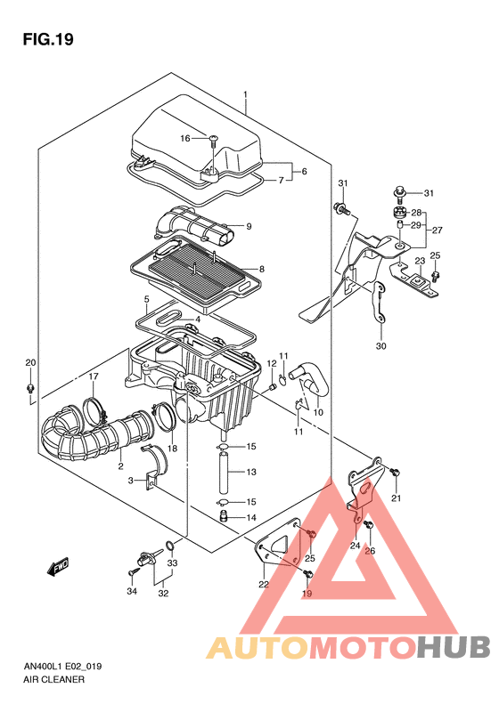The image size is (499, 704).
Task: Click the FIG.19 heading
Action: point(48,39)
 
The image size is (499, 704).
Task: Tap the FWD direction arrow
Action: point(58,567)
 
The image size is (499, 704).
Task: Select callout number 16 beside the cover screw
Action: point(185,138)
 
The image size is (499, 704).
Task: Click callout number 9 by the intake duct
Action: point(249,226)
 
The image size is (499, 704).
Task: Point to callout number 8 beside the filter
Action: point(262,270)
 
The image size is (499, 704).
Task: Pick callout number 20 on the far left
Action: point(30,362)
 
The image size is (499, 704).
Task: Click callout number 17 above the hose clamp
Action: point(93,376)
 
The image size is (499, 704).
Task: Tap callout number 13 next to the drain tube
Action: point(251,472)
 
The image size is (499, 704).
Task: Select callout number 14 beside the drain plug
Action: point(251,518)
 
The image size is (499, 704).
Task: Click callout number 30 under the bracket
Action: point(381,345)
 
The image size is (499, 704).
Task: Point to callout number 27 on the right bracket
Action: point(437,230)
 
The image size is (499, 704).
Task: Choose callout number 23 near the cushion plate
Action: point(420,261)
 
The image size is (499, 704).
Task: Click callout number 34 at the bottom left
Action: point(132,591)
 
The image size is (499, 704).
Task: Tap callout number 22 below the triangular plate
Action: point(264,584)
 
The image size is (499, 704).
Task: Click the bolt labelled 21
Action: point(395,473)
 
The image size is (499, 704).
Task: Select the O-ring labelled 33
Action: point(170,546)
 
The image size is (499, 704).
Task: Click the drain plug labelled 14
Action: point(224,515)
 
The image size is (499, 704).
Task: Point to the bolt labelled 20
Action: point(30,387)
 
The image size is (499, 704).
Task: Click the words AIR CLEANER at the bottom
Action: point(53,680)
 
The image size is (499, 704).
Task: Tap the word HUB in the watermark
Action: point(454,647)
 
